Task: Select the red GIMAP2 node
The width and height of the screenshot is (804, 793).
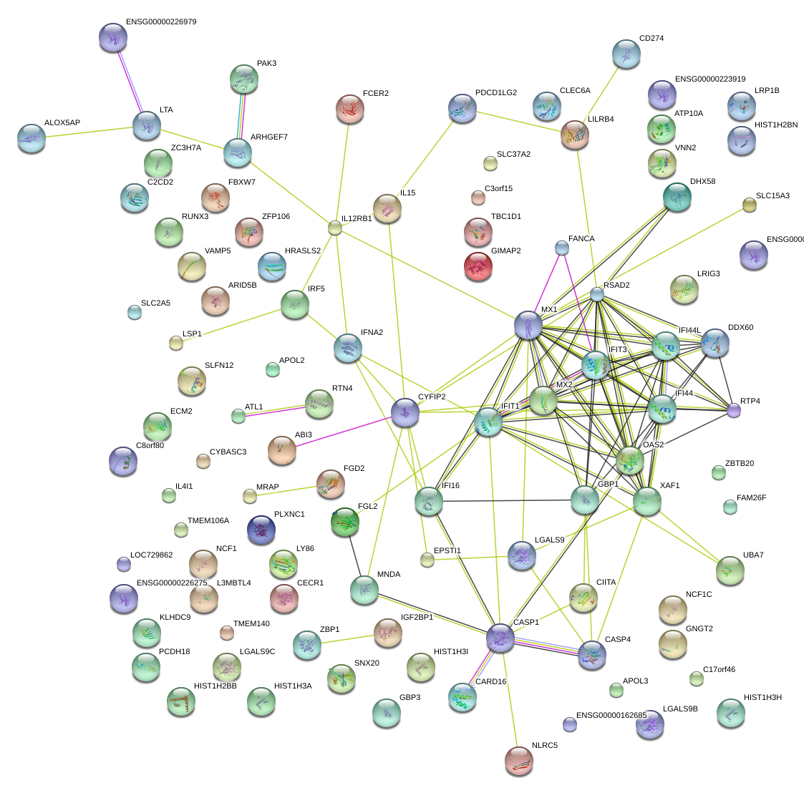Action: pyautogui.click(x=478, y=266)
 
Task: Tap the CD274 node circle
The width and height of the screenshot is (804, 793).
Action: pyautogui.click(x=626, y=54)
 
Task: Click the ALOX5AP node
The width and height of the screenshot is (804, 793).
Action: pyautogui.click(x=32, y=137)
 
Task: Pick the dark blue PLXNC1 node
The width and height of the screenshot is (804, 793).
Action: pyautogui.click(x=261, y=529)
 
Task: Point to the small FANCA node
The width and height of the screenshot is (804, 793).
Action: pyautogui.click(x=562, y=248)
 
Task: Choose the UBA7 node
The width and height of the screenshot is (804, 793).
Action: pyautogui.click(x=730, y=570)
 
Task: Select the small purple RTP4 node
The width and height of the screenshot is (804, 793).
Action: pyautogui.click(x=733, y=410)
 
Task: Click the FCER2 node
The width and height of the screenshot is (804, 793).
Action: pyautogui.click(x=349, y=108)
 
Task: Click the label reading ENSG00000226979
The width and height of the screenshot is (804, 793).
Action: pyautogui.click(x=161, y=22)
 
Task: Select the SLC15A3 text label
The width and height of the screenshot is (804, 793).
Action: pyautogui.click(x=772, y=196)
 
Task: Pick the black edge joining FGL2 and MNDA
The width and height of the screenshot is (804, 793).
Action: pyautogui.click(x=354, y=556)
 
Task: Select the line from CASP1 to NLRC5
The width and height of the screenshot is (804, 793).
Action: pyautogui.click(x=509, y=699)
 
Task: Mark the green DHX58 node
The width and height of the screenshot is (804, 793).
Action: pyautogui.click(x=677, y=197)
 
